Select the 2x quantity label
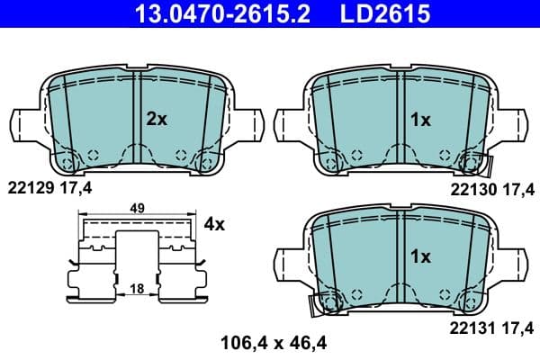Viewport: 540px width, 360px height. (x=157, y=119)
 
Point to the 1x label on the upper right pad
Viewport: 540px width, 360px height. (x=420, y=119)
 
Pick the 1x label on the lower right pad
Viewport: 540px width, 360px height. (x=420, y=256)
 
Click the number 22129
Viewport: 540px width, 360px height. (x=29, y=188)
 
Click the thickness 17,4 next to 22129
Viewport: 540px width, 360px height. (x=77, y=188)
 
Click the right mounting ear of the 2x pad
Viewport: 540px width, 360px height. (x=249, y=123)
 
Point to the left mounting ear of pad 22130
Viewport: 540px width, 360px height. (x=290, y=123)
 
